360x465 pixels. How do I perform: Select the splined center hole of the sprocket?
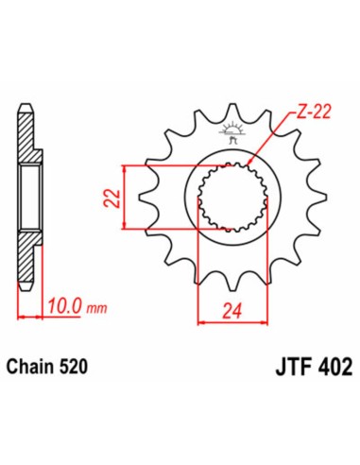(228, 197)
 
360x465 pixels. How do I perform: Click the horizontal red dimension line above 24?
(228, 322)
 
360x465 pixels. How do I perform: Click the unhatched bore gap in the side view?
(27, 197)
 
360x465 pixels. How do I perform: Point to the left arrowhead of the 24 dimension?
(200, 322)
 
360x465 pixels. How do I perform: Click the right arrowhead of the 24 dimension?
(255, 322)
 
